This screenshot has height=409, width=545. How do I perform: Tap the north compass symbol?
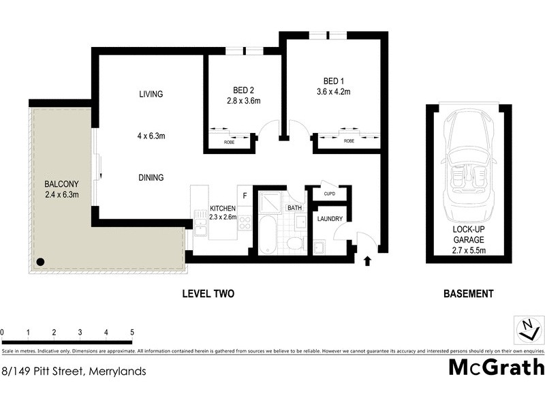pyautogui.click(x=527, y=329)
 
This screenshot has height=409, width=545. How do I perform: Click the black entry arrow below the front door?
pyautogui.click(x=369, y=260)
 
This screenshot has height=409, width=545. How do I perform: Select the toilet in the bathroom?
pyautogui.click(x=294, y=243)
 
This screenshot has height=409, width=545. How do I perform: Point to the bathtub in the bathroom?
pyautogui.click(x=267, y=236)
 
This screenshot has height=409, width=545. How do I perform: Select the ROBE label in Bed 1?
pyautogui.click(x=348, y=141)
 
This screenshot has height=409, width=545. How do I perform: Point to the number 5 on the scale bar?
pyautogui.click(x=132, y=333)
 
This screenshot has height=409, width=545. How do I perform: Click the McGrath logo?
pyautogui.click(x=496, y=367)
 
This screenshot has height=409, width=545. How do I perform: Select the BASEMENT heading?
pyautogui.click(x=468, y=294)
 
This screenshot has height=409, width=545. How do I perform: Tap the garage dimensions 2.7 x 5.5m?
pyautogui.click(x=468, y=250)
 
